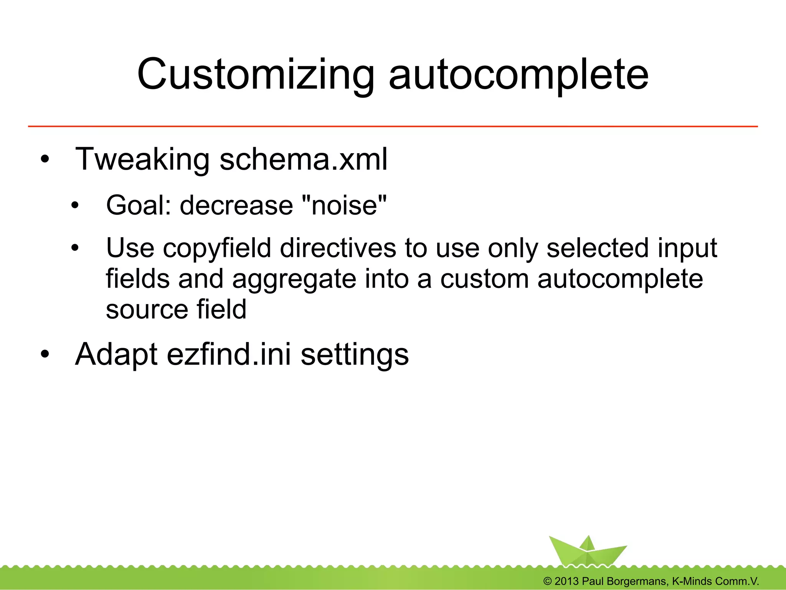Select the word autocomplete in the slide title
point(518,75)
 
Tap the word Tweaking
point(142,160)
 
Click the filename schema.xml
point(303,160)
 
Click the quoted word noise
point(345,205)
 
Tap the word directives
point(338,248)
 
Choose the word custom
point(484,279)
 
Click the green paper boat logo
point(587,551)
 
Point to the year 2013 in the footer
point(566,581)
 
